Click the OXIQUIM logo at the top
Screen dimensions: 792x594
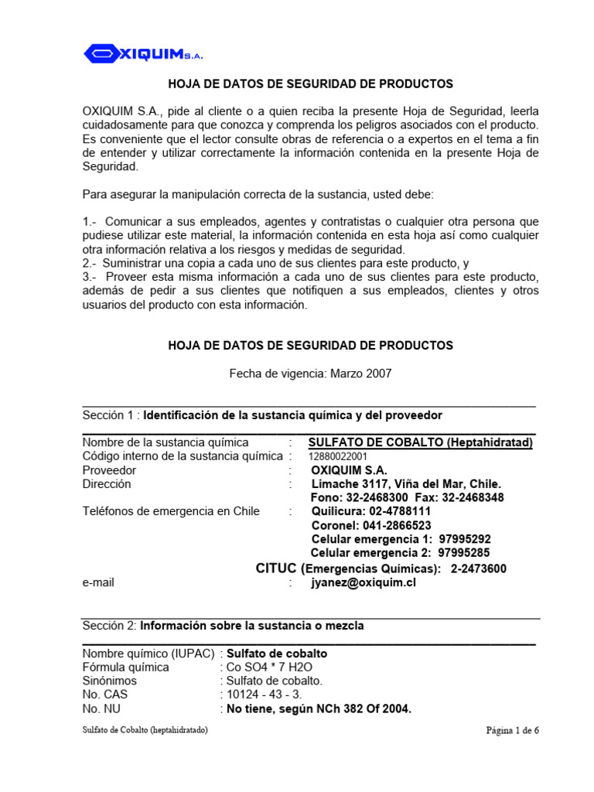coord(143,53)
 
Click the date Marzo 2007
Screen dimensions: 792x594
coord(361,374)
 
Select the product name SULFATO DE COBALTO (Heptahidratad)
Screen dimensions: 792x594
coord(421,442)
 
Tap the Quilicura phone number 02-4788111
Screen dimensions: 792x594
coord(399,511)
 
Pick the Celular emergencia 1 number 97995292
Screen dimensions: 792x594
coord(464,539)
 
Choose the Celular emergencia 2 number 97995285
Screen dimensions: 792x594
coord(464,553)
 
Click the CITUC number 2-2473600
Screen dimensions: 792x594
coord(478,568)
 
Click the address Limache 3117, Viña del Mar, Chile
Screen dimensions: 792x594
coord(406,483)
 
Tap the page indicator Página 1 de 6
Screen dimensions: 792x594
coord(512,730)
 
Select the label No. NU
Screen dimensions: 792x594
coord(101,708)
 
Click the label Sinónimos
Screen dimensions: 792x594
coord(109,681)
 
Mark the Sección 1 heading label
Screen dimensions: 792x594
coord(110,415)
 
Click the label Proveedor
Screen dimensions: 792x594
coord(109,470)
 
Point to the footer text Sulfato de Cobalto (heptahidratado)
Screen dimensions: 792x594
coord(145,730)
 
